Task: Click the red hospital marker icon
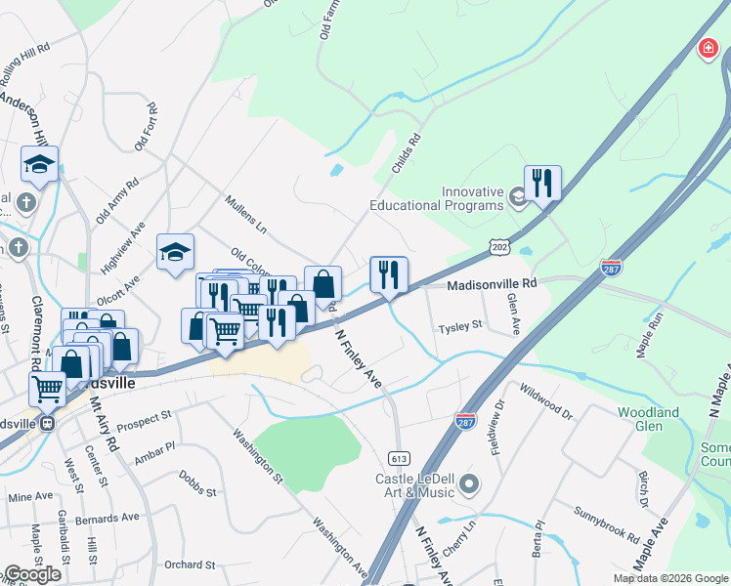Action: pyautogui.click(x=708, y=49)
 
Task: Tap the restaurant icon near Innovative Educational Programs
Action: pyautogui.click(x=541, y=183)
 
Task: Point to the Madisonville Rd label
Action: pyautogui.click(x=493, y=283)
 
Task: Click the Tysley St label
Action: pyautogui.click(x=460, y=325)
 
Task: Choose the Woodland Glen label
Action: pyautogui.click(x=648, y=419)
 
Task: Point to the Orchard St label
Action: pyautogui.click(x=190, y=565)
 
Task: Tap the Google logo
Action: pyautogui.click(x=32, y=574)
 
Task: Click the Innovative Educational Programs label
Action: pyautogui.click(x=436, y=198)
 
